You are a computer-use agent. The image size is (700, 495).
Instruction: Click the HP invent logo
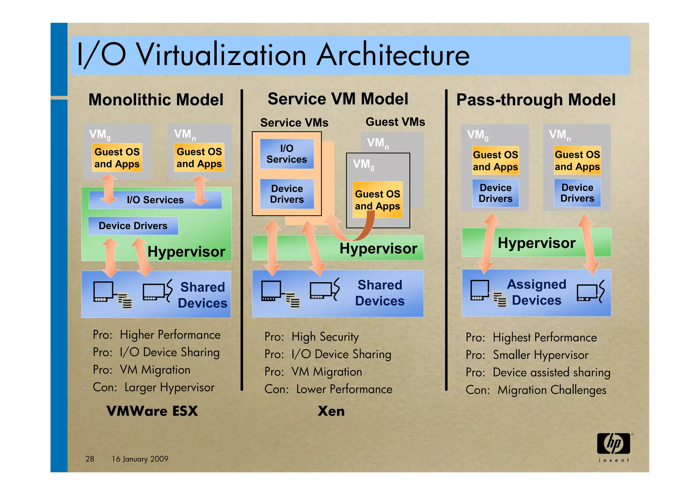(614, 447)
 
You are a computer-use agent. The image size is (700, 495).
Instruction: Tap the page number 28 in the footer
(90, 459)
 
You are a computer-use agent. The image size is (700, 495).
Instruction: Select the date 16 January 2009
(140, 459)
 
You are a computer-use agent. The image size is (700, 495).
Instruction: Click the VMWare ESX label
(152, 411)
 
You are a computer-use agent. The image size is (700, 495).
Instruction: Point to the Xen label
(331, 411)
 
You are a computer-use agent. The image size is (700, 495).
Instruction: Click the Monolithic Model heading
(156, 100)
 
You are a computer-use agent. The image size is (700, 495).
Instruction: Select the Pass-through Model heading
(536, 100)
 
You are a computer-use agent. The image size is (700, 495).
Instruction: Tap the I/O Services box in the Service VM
(287, 154)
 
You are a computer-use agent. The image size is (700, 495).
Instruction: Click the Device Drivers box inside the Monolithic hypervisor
(133, 226)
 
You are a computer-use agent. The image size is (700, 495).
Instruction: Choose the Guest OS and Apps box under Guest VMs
(377, 200)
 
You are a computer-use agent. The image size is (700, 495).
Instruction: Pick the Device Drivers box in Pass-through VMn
(577, 193)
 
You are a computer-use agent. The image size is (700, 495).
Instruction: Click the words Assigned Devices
(537, 292)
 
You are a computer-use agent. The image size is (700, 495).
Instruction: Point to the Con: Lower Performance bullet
(328, 389)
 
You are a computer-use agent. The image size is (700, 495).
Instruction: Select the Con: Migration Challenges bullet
(536, 390)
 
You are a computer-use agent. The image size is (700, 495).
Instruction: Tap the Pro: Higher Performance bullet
(157, 335)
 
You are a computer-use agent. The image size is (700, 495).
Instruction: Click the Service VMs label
(294, 122)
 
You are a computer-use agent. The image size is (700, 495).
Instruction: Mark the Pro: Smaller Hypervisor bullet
(527, 355)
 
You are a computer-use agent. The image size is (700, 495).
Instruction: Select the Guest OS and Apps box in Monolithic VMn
(199, 158)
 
